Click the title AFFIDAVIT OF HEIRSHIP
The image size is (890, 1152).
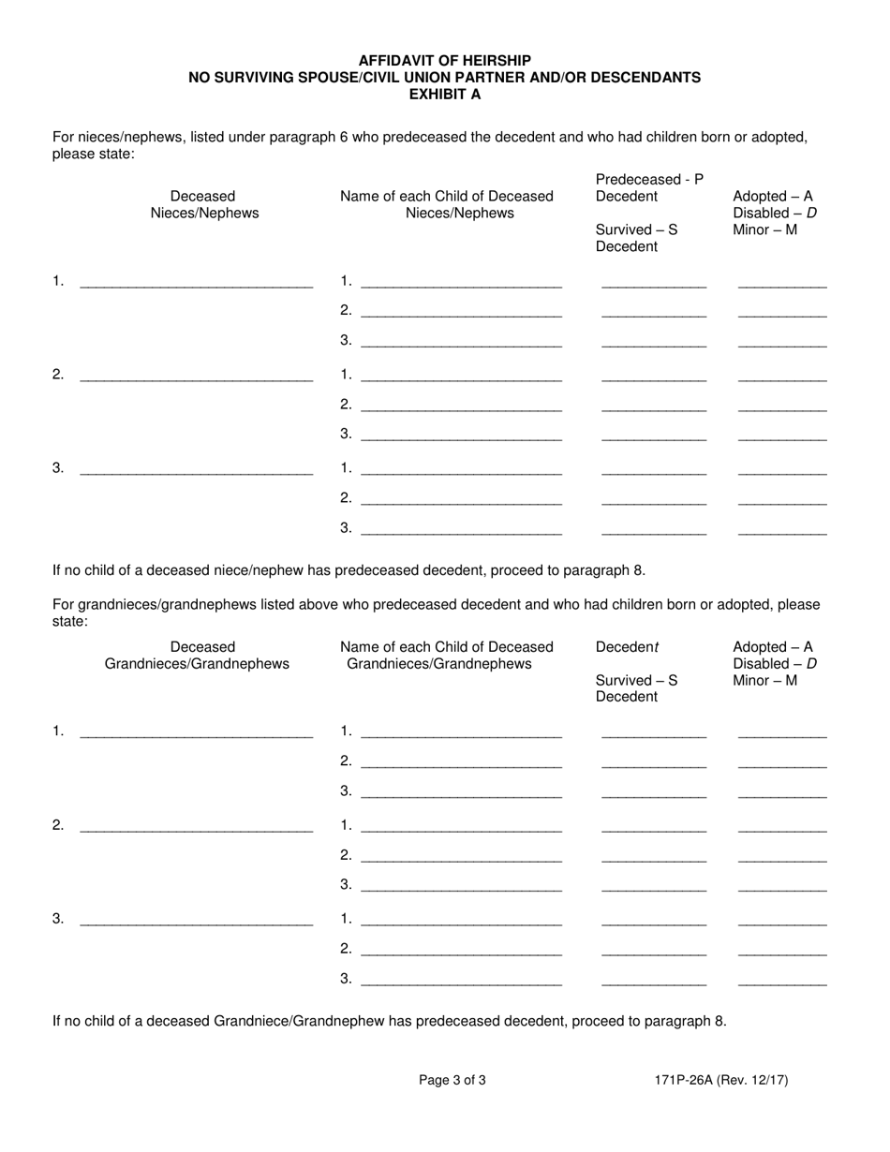[x=444, y=61]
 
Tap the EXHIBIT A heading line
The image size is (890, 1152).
[x=444, y=94]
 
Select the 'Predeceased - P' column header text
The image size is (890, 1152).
[x=648, y=179]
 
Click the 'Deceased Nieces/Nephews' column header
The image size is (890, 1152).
[x=203, y=204]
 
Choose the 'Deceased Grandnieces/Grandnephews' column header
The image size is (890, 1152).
[x=197, y=655]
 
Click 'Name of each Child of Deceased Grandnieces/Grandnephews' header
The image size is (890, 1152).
[x=446, y=655]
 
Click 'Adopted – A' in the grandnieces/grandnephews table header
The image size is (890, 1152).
[x=773, y=647]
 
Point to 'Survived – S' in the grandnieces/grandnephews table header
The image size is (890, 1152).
[x=636, y=680]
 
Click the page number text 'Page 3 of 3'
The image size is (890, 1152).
[x=452, y=1080]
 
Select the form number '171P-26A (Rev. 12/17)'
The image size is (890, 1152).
[x=721, y=1080]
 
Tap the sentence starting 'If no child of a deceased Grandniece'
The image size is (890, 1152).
[x=389, y=1021]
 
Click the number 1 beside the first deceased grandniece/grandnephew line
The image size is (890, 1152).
[x=58, y=731]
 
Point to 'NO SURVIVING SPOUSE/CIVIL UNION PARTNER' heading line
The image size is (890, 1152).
[x=444, y=78]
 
